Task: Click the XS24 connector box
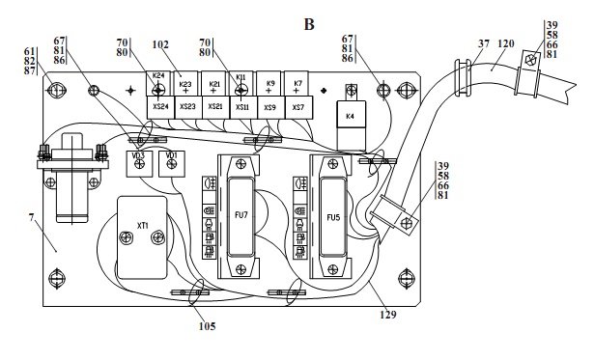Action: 160,107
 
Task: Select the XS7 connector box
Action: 298,107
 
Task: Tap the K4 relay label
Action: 350,116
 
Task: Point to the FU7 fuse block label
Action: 240,215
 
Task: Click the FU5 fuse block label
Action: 333,217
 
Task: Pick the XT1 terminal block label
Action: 142,226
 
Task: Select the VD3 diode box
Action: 139,163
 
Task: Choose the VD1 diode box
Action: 172,163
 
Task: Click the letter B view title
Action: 309,24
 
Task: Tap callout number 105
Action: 208,326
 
